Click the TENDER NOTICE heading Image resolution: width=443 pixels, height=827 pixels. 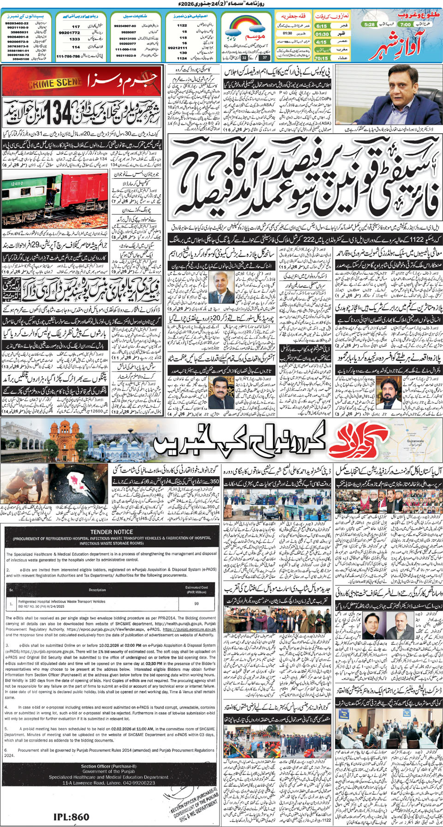[x=112, y=532]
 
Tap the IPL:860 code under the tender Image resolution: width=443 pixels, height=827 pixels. [x=71, y=817]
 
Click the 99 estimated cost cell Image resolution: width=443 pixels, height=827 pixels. [x=197, y=603]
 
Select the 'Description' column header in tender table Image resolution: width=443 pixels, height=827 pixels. [x=97, y=590]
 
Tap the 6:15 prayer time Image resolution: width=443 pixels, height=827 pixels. [x=322, y=26]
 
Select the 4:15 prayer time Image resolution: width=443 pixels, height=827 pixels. [x=321, y=42]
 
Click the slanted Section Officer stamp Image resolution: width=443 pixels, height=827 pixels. [x=193, y=800]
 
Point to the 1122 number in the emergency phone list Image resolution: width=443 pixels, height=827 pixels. [x=182, y=25]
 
